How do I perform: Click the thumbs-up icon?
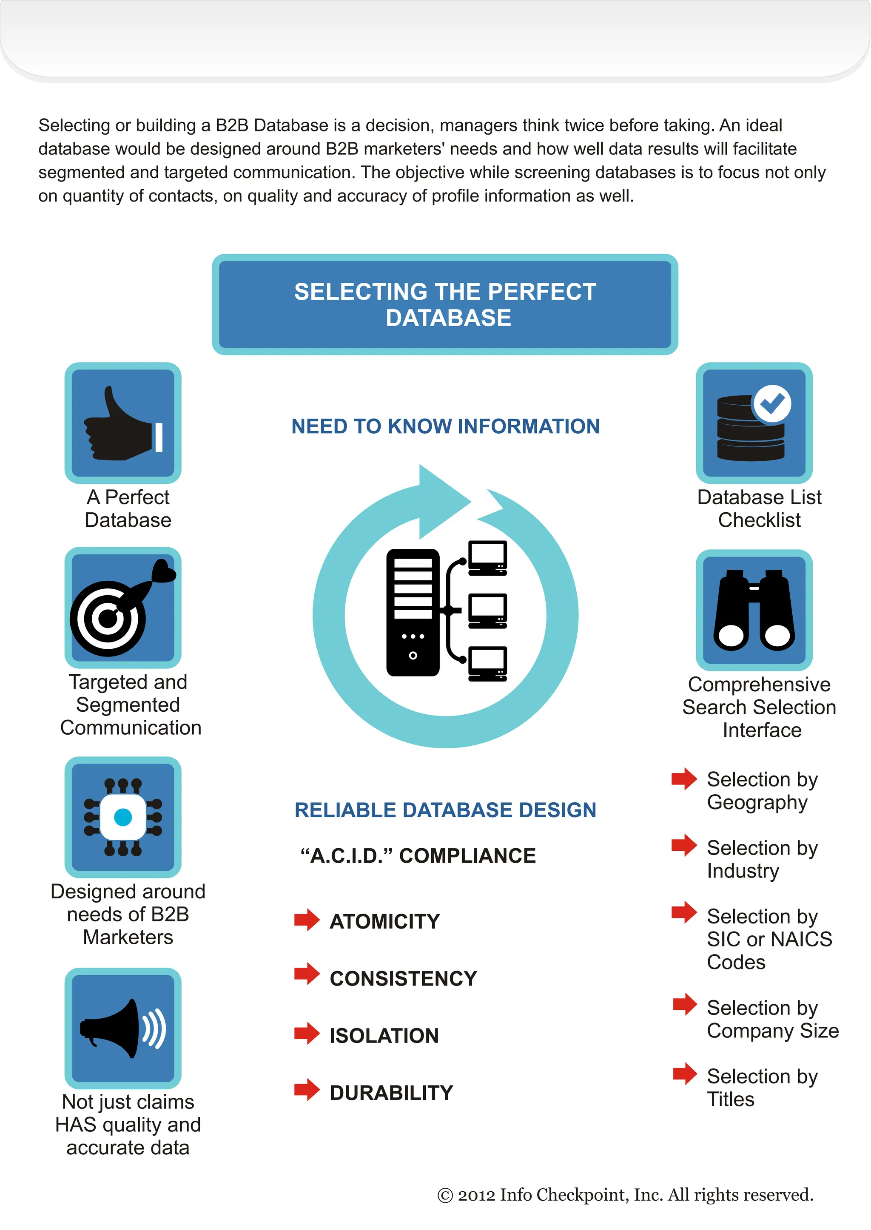122,423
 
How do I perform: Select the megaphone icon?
122,1028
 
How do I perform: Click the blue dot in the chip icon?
123,817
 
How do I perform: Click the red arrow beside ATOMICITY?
307,920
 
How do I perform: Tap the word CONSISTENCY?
403,979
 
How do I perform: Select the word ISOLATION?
384,1036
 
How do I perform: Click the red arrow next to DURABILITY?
307,1090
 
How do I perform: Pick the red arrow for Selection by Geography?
684,778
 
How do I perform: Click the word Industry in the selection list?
743,871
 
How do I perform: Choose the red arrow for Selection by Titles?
685,1074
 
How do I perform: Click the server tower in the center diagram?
413,612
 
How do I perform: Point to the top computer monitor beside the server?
487,558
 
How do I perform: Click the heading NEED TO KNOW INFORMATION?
445,426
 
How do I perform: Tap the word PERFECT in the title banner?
542,292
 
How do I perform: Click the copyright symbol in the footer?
445,1195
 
